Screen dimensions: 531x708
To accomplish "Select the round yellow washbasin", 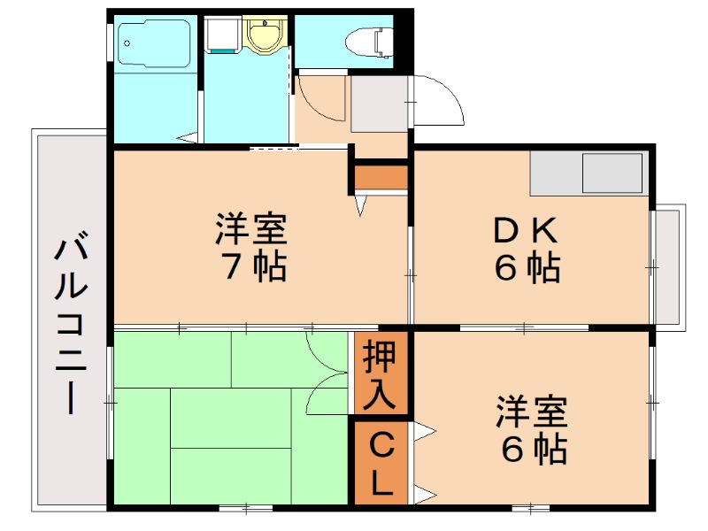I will coord(261,36).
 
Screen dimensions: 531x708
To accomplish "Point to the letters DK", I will coord(526,232).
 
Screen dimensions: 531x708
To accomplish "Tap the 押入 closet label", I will coord(381,372).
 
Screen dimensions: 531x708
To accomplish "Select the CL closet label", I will coord(381,462).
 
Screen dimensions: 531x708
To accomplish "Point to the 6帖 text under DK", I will coord(527,267).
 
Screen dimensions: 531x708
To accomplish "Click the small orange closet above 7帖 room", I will coord(381,177).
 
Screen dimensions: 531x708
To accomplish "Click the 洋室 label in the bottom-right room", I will coord(531,413).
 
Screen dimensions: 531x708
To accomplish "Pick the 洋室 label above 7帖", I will coord(251,230).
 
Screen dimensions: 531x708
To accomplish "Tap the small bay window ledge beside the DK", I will coord(669,265).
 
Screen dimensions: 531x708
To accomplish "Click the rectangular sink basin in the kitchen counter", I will coord(612,173).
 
